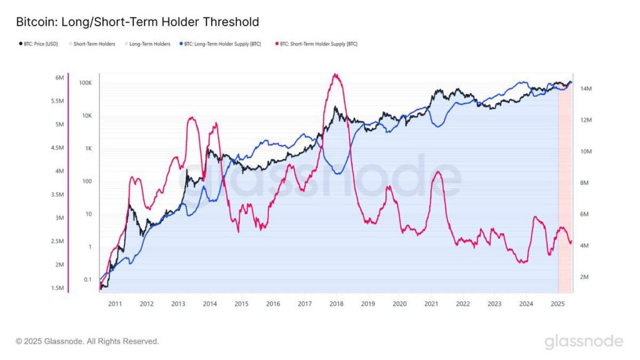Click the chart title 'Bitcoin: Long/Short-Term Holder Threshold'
click(x=137, y=22)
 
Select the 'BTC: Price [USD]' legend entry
click(x=39, y=44)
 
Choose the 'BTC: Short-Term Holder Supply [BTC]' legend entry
click(x=318, y=44)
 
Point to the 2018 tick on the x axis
click(x=336, y=304)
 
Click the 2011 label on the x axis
click(x=115, y=304)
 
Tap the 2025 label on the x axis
click(x=557, y=304)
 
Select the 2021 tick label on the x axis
click(x=431, y=304)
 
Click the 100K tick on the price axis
click(x=86, y=83)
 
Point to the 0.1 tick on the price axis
click(x=87, y=280)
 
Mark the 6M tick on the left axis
click(x=60, y=77)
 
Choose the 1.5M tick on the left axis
click(x=57, y=288)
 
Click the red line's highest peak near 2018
click(x=336, y=74)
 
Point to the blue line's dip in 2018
click(x=337, y=174)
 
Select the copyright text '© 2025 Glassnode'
click(x=87, y=341)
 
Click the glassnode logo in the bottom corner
click(x=583, y=341)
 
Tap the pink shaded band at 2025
click(x=565, y=187)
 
